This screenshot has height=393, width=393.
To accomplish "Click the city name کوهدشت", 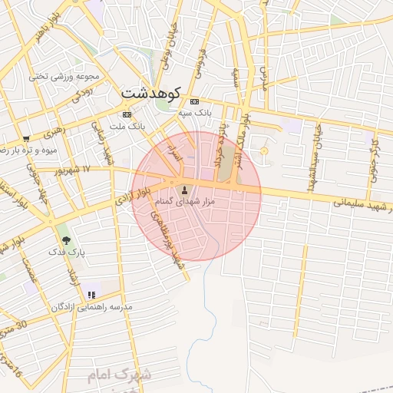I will (x=150, y=93).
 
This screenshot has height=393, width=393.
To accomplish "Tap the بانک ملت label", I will (x=127, y=125).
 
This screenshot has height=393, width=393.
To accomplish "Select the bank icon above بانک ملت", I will (x=127, y=114).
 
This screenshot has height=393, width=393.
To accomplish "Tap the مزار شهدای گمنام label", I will (x=184, y=200).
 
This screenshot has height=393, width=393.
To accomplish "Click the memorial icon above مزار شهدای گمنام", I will (x=184, y=189).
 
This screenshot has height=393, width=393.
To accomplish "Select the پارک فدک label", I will (x=66, y=251).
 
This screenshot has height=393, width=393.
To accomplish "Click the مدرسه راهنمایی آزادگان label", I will (x=92, y=306).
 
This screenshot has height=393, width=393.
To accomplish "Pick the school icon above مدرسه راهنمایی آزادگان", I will (x=92, y=295).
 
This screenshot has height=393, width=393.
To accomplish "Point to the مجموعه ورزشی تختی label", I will (x=66, y=76).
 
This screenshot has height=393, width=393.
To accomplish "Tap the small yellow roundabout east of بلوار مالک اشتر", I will (x=264, y=151).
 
